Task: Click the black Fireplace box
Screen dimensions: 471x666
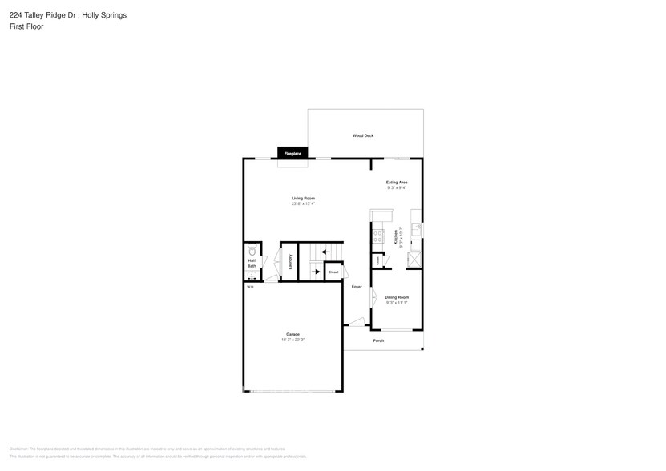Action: [x=293, y=153]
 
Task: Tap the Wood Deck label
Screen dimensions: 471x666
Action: [x=363, y=136]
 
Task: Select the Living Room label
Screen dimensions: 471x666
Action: [x=303, y=199]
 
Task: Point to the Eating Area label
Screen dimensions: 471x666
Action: [x=397, y=183]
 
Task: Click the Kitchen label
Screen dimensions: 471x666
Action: [x=395, y=237]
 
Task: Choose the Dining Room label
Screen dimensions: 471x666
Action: [x=397, y=298]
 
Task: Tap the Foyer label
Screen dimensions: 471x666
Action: [x=357, y=287]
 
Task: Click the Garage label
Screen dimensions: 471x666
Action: [x=293, y=334]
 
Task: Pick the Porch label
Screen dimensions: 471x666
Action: [x=378, y=341]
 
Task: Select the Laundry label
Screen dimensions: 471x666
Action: [x=290, y=261]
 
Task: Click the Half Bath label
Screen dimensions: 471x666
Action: [x=252, y=262]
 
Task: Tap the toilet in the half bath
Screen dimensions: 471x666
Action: [x=252, y=249]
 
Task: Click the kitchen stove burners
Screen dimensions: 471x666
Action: [x=377, y=237]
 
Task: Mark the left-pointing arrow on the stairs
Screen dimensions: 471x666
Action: [x=325, y=252]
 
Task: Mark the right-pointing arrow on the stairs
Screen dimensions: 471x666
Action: [x=316, y=272]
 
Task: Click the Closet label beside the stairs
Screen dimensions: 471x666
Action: [x=333, y=272]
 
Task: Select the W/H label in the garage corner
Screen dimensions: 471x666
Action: [x=249, y=287]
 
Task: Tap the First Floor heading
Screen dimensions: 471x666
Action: [x=26, y=26]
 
